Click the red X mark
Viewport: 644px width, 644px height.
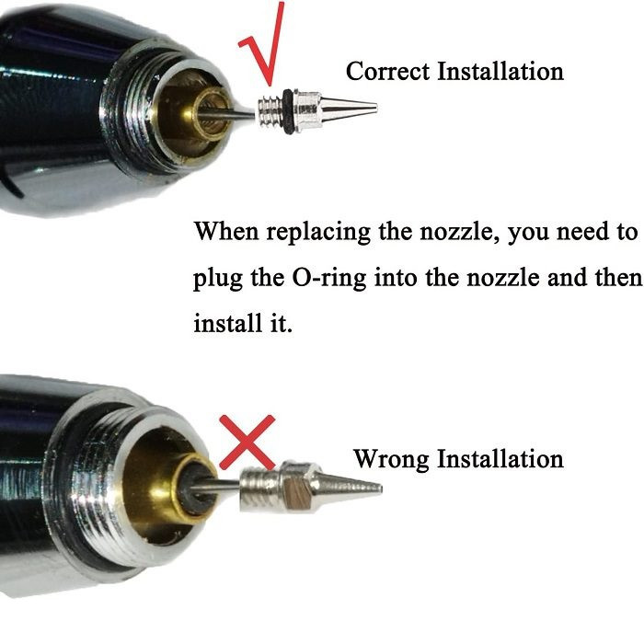point(247,442)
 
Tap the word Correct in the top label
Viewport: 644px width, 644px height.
point(387,71)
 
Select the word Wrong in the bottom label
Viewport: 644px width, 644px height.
point(391,459)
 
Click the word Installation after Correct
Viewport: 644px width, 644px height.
point(500,71)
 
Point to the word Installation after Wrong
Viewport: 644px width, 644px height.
point(500,458)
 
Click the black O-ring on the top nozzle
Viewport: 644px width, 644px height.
point(288,111)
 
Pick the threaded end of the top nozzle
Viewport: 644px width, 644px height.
point(270,111)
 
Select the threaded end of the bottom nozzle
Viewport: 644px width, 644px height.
point(260,489)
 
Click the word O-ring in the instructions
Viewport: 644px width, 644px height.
point(329,278)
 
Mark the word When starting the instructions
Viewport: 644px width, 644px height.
point(226,231)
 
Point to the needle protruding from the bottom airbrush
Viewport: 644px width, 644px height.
point(214,487)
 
